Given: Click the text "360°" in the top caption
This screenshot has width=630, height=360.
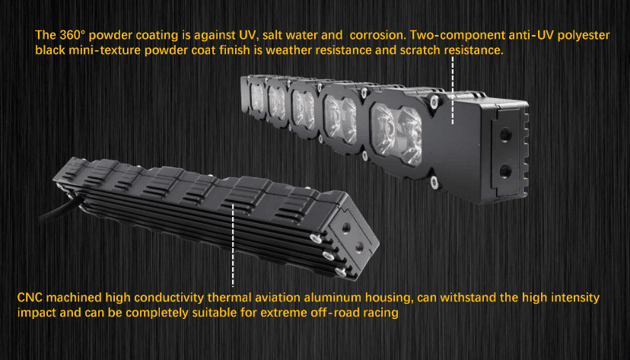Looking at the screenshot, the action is pos(72,35).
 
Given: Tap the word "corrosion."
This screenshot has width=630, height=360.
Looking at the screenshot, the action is pos(377,35).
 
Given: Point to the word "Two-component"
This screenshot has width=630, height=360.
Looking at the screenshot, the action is pos(457,35).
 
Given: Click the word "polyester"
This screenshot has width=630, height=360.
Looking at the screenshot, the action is pos(583,36).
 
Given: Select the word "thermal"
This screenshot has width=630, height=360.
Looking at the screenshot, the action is pos(229,298).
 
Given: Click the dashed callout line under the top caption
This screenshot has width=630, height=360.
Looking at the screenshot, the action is pos(453,90).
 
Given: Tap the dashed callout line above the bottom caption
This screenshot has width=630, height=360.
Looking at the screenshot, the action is pos(233,245).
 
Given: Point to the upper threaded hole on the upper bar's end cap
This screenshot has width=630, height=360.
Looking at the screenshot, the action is pos(505,135).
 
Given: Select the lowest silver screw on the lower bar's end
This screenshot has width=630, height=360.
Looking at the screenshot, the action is pos(341,272).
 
